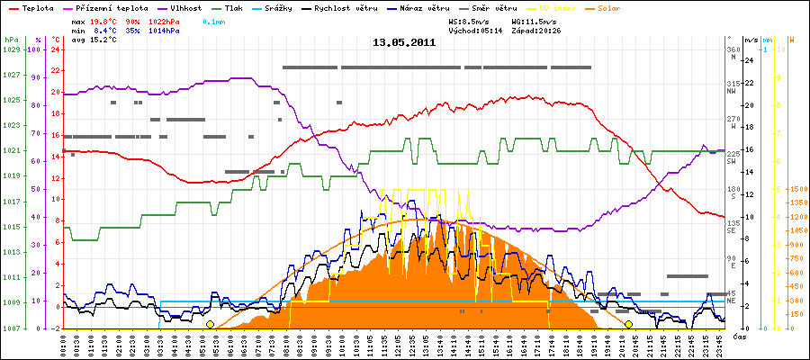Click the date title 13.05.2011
(x=404, y=41)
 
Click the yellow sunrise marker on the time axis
(x=210, y=324)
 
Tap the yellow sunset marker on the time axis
(x=629, y=324)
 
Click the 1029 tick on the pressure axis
(x=11, y=49)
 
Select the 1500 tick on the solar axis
(x=796, y=190)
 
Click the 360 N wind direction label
(x=732, y=53)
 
